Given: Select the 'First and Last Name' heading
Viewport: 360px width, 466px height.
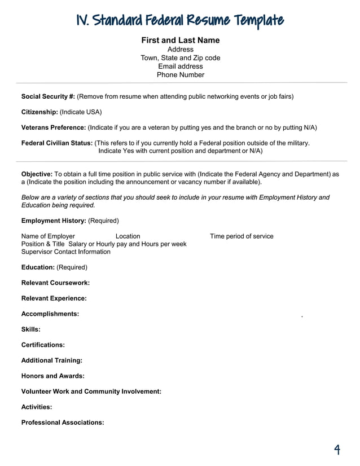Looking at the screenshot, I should [x=180, y=40].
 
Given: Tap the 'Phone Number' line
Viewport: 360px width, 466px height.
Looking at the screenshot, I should [x=180, y=74].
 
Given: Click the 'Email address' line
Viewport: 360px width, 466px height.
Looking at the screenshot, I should [x=180, y=66].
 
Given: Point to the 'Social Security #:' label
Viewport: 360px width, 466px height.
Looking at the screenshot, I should [x=48, y=96].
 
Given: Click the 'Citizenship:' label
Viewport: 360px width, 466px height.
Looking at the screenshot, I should [x=39, y=112].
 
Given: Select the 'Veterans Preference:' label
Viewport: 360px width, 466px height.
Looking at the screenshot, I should [x=54, y=128].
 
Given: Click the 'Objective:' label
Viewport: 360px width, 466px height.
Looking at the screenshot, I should [x=37, y=174].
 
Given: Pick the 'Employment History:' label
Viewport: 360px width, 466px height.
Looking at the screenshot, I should [x=54, y=221].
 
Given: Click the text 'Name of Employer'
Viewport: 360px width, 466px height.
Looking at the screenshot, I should [x=48, y=236].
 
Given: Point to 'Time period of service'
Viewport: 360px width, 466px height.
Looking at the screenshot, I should [x=242, y=236].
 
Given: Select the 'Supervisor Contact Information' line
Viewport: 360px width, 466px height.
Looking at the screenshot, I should [x=66, y=252].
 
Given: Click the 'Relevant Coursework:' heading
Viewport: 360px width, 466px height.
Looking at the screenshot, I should [x=55, y=283].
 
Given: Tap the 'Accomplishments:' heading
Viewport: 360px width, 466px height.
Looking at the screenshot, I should [x=50, y=313].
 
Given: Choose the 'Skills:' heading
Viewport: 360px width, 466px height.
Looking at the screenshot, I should [x=30, y=329].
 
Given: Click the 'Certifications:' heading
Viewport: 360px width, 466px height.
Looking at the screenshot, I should [x=43, y=344].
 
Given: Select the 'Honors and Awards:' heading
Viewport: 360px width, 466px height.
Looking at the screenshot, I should [x=52, y=376].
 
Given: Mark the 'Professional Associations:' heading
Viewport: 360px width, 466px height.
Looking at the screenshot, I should [x=63, y=422].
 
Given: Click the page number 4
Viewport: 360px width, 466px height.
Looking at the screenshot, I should [x=337, y=450].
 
